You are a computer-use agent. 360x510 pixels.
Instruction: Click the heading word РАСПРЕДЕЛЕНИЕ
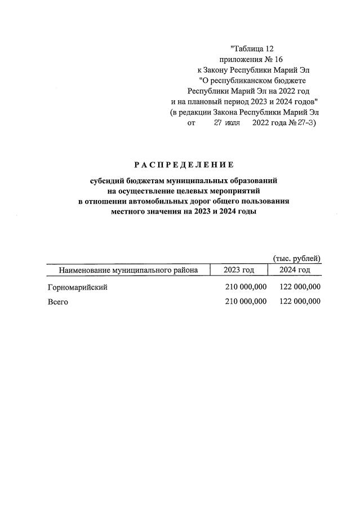(x=184, y=165)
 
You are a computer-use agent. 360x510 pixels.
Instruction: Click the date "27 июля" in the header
(x=227, y=122)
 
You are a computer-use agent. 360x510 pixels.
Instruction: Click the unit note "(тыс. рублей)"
(x=297, y=259)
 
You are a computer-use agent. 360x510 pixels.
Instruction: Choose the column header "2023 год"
(x=238, y=270)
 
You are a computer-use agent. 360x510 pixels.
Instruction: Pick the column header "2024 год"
(x=295, y=270)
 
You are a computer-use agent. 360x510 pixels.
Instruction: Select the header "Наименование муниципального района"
(x=128, y=270)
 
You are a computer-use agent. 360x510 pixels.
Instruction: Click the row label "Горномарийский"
(x=77, y=287)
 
